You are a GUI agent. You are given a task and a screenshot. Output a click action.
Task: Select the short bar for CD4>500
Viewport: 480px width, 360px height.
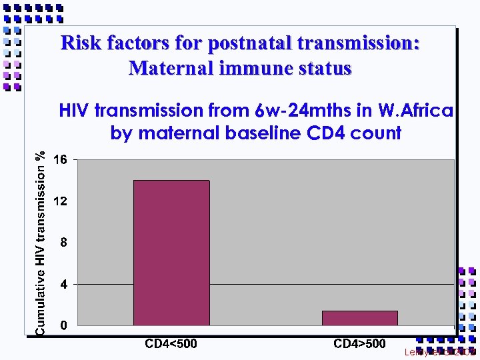[359, 318]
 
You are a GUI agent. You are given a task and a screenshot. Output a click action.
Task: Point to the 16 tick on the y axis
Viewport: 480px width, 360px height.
[60, 160]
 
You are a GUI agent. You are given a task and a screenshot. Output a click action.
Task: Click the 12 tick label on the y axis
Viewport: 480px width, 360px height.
[60, 201]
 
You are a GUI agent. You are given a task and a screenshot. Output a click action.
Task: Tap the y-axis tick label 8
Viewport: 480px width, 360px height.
[63, 243]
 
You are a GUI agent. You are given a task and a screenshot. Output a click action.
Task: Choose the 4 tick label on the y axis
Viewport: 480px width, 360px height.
[63, 285]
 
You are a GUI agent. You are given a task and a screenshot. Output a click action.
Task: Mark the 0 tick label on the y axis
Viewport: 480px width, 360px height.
[63, 326]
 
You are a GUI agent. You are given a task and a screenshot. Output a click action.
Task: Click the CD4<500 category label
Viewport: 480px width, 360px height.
[171, 344]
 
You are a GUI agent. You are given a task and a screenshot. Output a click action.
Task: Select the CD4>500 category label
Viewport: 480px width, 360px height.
[359, 344]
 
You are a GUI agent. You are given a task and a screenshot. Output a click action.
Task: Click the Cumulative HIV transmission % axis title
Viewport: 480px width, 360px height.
[41, 243]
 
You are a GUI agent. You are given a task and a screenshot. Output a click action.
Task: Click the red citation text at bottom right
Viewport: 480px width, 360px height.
[440, 351]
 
